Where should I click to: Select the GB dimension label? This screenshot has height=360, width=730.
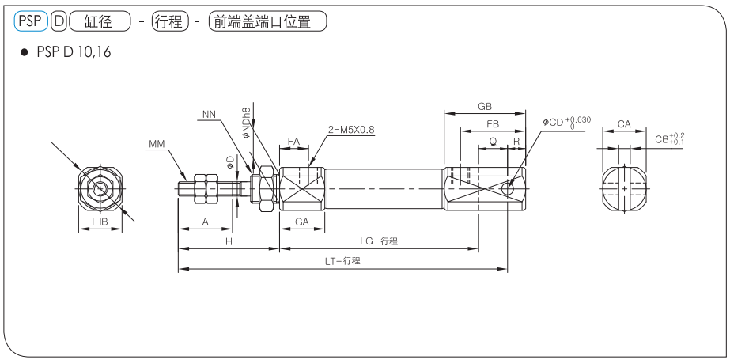pos(484,105)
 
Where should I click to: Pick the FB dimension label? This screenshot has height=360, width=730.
pos(493,124)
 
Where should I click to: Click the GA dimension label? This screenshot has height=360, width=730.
pos(301,222)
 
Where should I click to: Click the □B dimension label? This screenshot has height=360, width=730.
pos(100,222)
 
